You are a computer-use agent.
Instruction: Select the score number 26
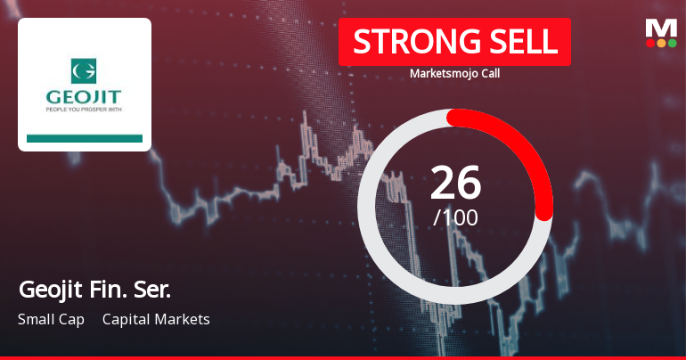[x=455, y=183]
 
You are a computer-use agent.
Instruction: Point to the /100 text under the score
[x=455, y=217]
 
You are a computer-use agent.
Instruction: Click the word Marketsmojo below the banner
[x=441, y=74]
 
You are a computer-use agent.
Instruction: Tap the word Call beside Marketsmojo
[x=488, y=74]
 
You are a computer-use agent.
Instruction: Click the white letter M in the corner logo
[x=660, y=27]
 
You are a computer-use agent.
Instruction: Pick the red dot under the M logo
[x=650, y=43]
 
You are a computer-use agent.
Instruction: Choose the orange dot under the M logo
[x=661, y=43]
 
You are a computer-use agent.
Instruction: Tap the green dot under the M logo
[x=672, y=43]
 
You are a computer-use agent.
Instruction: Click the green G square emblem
[x=85, y=68]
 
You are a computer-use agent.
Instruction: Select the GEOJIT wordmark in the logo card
[x=85, y=95]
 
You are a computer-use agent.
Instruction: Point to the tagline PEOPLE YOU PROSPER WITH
[x=85, y=111]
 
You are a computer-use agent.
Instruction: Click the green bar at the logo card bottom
[x=85, y=138]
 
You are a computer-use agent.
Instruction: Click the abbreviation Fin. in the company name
[x=107, y=290]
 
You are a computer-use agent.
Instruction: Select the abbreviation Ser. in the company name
[x=151, y=290]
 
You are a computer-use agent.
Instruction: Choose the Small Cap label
[x=51, y=319]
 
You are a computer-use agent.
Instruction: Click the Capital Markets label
[x=156, y=319]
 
